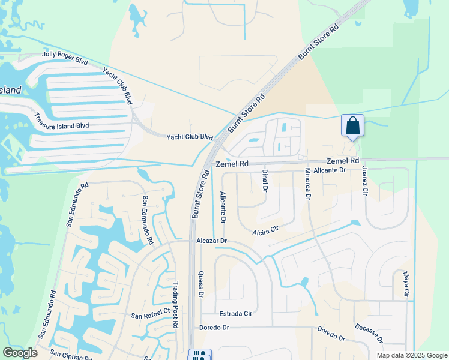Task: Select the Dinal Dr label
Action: (x=265, y=181)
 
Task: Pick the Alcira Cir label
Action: (x=266, y=229)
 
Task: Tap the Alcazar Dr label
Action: (x=211, y=240)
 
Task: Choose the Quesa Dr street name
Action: (x=201, y=283)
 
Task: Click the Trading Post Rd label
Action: (x=176, y=303)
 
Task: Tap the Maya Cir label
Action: (x=406, y=286)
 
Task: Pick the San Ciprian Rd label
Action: (x=71, y=353)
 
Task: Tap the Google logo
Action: (x=20, y=352)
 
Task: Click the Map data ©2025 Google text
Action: (x=411, y=355)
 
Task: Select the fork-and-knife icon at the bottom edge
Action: (x=200, y=355)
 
